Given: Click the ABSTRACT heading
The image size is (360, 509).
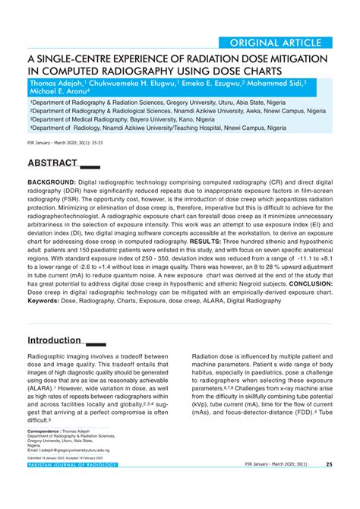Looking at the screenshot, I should point(52,163).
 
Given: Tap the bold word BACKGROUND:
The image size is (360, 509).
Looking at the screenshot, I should point(52,183).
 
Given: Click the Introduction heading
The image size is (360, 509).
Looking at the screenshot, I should point(55,340).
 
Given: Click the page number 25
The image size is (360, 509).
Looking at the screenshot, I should point(329,464).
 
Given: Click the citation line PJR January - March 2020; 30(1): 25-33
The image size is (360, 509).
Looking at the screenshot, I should point(70,142).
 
